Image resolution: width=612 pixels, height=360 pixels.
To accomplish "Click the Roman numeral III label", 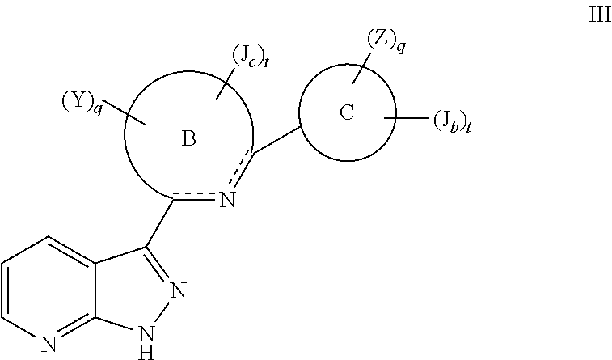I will [x=599, y=17].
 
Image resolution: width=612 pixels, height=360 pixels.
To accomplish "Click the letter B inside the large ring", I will [x=188, y=139].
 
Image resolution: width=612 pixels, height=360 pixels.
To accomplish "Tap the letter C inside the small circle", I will [x=347, y=113].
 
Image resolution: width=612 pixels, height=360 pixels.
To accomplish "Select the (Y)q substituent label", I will [x=82, y=103].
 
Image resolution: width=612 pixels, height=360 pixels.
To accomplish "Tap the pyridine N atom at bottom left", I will [x=49, y=344].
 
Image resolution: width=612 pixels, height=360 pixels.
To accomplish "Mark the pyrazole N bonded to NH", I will [x=179, y=290].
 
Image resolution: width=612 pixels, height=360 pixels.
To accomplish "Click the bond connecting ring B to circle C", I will [x=276, y=138].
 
